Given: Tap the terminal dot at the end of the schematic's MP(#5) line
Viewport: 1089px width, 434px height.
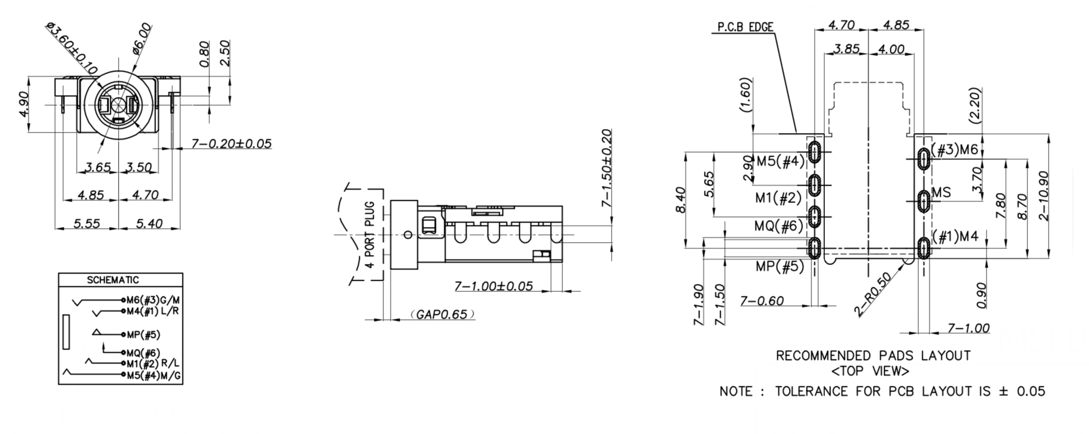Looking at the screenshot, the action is [x=123, y=334].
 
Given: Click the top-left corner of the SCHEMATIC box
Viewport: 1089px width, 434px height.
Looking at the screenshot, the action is [x=59, y=273].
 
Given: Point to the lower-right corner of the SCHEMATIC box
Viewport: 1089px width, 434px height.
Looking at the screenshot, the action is [x=182, y=384].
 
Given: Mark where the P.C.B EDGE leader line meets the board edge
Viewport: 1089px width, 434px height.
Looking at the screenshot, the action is [x=796, y=133].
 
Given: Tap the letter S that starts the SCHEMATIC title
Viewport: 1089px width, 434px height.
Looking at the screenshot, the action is [x=90, y=280].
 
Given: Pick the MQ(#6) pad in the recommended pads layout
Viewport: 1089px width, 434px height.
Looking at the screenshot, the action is [x=815, y=215].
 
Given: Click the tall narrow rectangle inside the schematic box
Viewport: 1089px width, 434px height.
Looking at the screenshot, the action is [x=67, y=332].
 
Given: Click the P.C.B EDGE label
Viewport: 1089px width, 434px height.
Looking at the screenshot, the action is [x=745, y=27].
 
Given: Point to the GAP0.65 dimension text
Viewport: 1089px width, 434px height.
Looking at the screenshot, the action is [x=442, y=314].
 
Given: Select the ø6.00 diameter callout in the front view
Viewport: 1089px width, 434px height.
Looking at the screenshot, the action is [x=142, y=38].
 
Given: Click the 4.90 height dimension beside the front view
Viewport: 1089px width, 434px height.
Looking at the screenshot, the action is [x=25, y=105].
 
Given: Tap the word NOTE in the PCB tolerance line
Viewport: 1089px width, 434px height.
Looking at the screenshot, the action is [x=736, y=391].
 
